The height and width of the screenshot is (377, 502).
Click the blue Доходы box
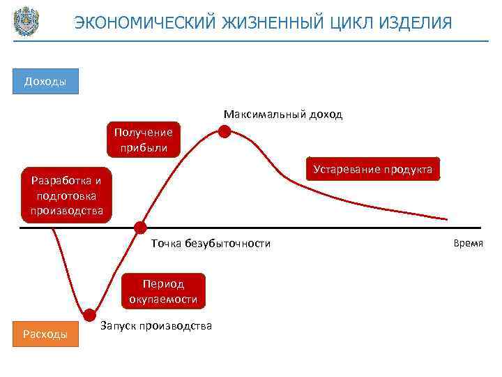pyautogui.click(x=45, y=81)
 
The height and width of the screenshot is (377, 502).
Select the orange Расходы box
pyautogui.click(x=45, y=334)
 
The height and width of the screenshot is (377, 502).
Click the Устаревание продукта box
pyautogui.click(x=373, y=170)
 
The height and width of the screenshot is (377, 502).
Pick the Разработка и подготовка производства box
pyautogui.click(x=66, y=195)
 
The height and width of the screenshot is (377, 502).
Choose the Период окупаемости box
pyautogui.click(x=163, y=292)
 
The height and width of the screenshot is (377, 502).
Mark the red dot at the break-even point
pyautogui.click(x=140, y=227)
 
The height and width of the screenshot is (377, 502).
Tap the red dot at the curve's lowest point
pyautogui.click(x=89, y=314)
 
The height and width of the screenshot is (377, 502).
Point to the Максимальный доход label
pyautogui.click(x=283, y=114)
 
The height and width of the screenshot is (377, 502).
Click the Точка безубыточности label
pyautogui.click(x=211, y=243)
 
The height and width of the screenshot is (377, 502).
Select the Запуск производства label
pyautogui.click(x=156, y=325)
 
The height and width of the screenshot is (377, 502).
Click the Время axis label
pyautogui.click(x=468, y=243)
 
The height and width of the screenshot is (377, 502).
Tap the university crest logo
pyautogui.click(x=26, y=22)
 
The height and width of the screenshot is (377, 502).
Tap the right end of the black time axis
pyautogui.click(x=480, y=227)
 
